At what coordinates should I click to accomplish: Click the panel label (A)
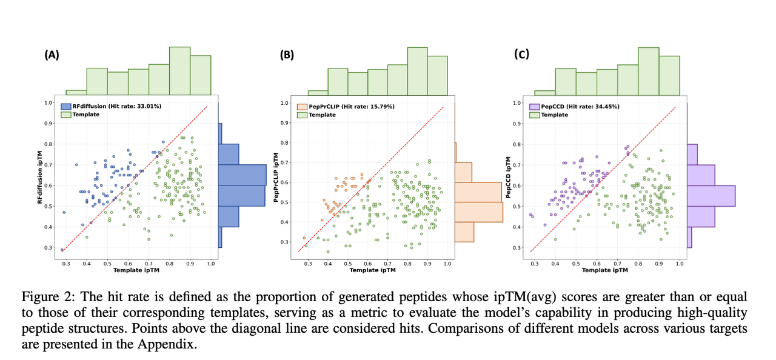(x=52, y=55)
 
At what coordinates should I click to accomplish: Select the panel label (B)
(x=287, y=55)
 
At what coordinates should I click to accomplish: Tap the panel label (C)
(x=521, y=55)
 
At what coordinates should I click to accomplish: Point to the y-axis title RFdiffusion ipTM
(x=42, y=175)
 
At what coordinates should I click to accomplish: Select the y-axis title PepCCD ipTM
(x=509, y=175)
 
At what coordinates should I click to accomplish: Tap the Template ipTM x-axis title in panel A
(x=136, y=270)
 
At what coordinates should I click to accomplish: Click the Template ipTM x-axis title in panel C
(x=605, y=270)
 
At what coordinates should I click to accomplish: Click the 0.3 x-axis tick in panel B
(x=308, y=264)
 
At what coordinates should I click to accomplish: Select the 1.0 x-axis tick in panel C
(x=680, y=264)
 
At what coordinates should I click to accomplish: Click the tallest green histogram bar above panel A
(x=179, y=71)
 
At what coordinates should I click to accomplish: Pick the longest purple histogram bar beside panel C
(x=711, y=196)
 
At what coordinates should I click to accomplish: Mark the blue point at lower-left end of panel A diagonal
(x=62, y=250)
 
